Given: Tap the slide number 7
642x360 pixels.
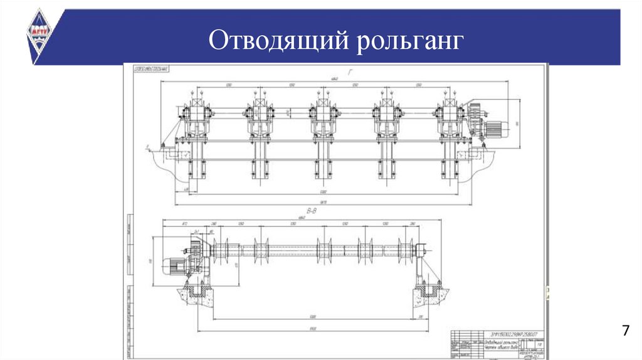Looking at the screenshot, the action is tap(624, 331).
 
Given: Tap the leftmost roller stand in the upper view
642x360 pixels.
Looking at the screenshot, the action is tap(196, 122).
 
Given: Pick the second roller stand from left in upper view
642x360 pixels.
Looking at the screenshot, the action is tap(259, 122).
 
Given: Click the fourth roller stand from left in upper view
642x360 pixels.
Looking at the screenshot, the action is tap(386, 122).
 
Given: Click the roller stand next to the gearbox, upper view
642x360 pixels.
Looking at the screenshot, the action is tap(449, 122).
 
